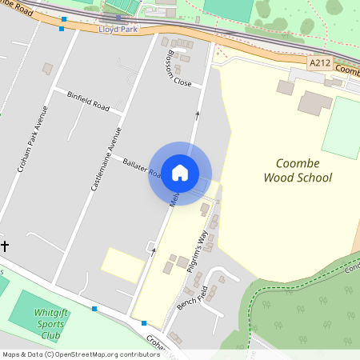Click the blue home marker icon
tap(180, 173)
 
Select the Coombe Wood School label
tap(298, 169)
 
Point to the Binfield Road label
tap(88, 99)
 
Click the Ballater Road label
tap(139, 167)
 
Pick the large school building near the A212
tap(314, 102)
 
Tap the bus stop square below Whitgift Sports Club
tap(94, 308)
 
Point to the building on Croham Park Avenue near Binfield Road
tap(48, 69)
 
